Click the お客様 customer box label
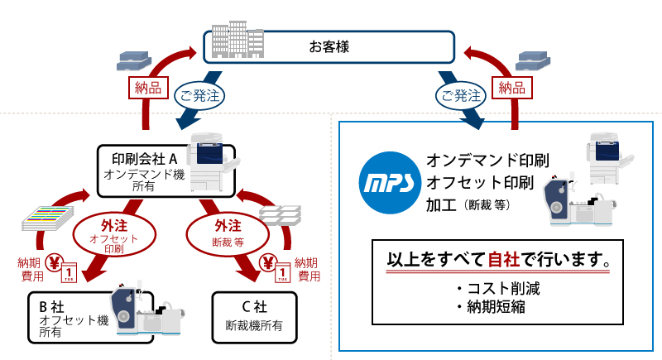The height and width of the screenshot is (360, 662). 331,47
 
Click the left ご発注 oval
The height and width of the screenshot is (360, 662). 199,95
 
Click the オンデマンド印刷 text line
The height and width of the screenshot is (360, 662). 488,159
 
